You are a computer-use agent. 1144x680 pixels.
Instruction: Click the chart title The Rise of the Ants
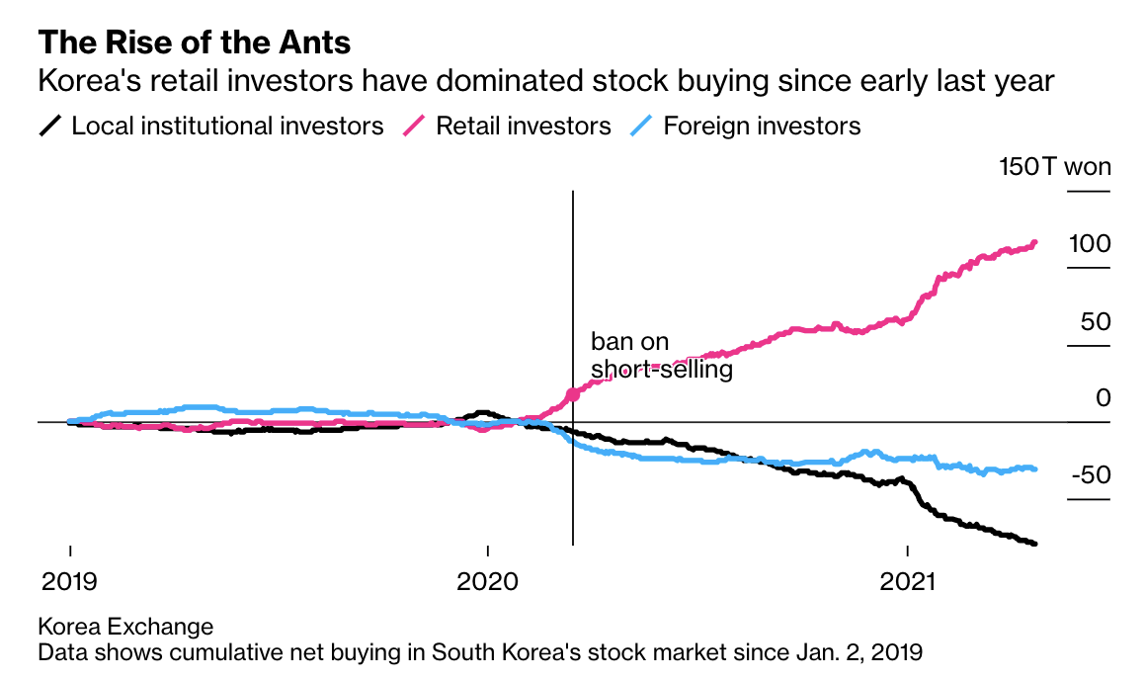tap(195, 42)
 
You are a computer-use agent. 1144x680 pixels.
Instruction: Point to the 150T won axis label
tap(1055, 167)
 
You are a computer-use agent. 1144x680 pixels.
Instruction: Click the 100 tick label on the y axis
tap(1091, 244)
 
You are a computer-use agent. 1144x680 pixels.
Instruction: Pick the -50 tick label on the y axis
tap(1090, 475)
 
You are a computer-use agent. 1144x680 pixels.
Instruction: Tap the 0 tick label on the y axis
tap(1103, 398)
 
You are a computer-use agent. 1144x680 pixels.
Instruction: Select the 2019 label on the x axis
tap(69, 580)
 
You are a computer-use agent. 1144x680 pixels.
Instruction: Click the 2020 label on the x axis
tap(488, 580)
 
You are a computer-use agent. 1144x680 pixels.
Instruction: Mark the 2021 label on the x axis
tap(907, 580)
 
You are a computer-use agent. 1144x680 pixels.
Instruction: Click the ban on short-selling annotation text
tap(660, 356)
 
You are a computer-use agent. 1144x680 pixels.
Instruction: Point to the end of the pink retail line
tap(1034, 242)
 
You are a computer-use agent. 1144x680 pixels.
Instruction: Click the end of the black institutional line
tap(1034, 544)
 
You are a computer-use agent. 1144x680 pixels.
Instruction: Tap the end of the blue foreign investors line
tap(1034, 468)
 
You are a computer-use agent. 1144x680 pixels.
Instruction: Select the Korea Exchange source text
tap(125, 627)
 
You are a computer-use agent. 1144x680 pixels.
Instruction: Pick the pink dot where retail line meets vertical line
tap(573, 395)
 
